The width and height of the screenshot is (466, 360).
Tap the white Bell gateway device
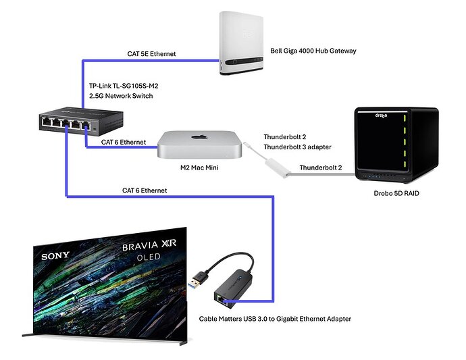point(249,42)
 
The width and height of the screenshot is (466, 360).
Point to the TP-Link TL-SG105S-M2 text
point(127,85)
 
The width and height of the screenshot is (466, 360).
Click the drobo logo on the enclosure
point(384,115)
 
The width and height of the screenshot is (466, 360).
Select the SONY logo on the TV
point(55,256)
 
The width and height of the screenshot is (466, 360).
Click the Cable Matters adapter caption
point(275,318)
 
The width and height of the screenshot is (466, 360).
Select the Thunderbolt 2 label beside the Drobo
point(321,167)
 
